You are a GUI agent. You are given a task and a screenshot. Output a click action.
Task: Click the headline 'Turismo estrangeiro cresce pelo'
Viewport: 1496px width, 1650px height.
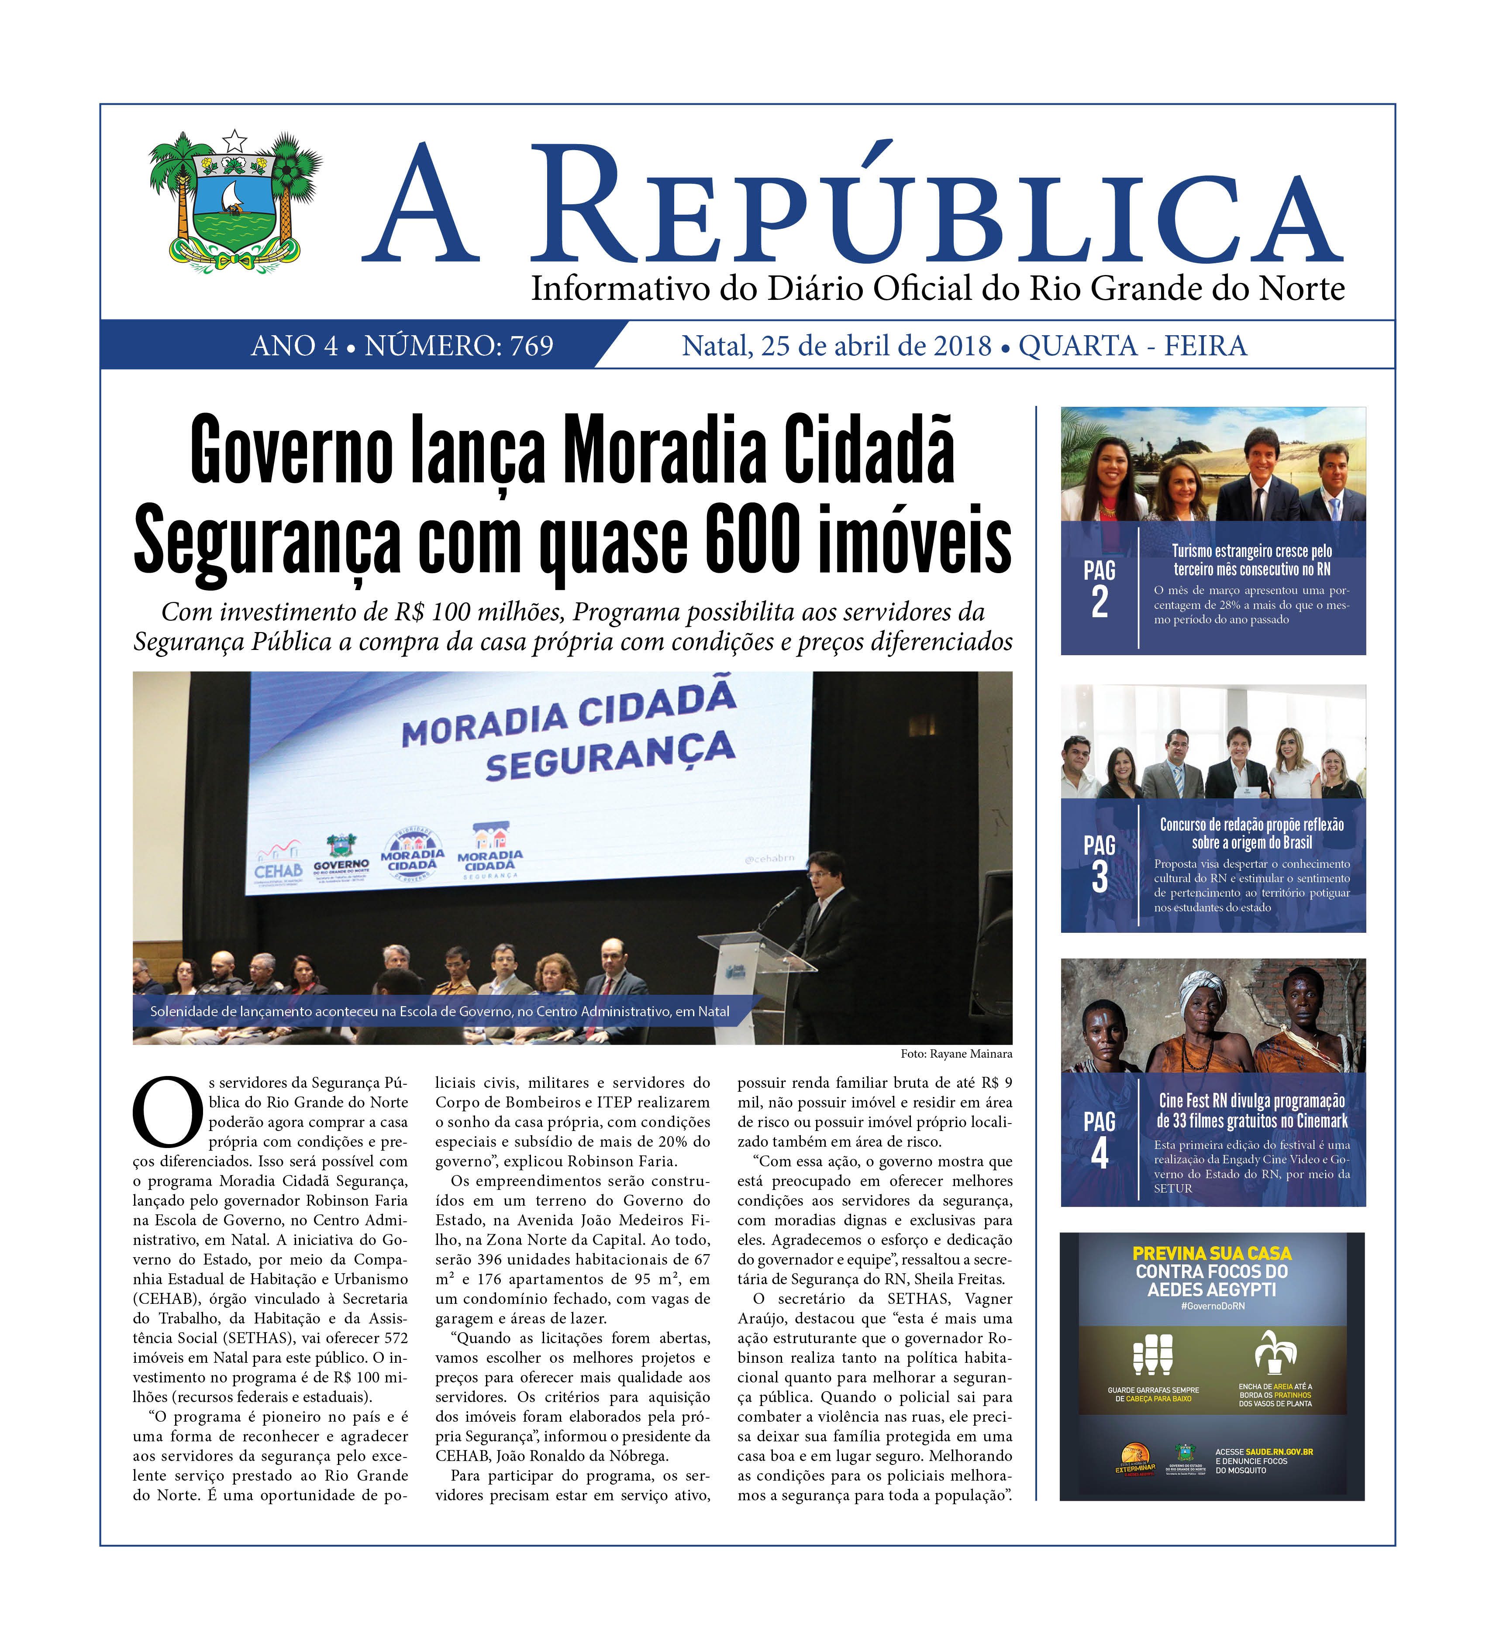coord(1251,551)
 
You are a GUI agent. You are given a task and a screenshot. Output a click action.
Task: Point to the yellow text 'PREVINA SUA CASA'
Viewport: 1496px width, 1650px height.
coord(1212,1253)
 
